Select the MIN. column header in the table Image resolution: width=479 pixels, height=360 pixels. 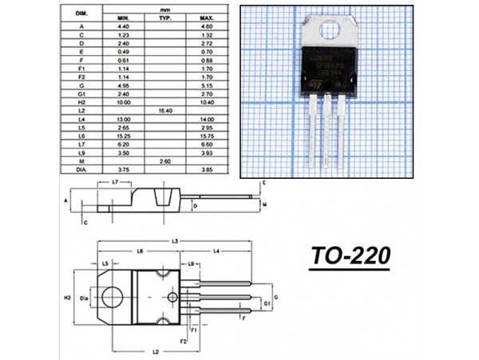122,17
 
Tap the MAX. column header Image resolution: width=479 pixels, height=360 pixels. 206,17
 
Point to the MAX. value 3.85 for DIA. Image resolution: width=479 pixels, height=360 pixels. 206,169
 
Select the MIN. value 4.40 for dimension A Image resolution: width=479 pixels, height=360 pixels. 122,26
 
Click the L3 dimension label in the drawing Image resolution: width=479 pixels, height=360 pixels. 173,240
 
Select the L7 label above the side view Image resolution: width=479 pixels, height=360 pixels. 115,183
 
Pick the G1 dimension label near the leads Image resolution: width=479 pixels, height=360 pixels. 266,305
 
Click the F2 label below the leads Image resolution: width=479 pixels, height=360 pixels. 183,341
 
